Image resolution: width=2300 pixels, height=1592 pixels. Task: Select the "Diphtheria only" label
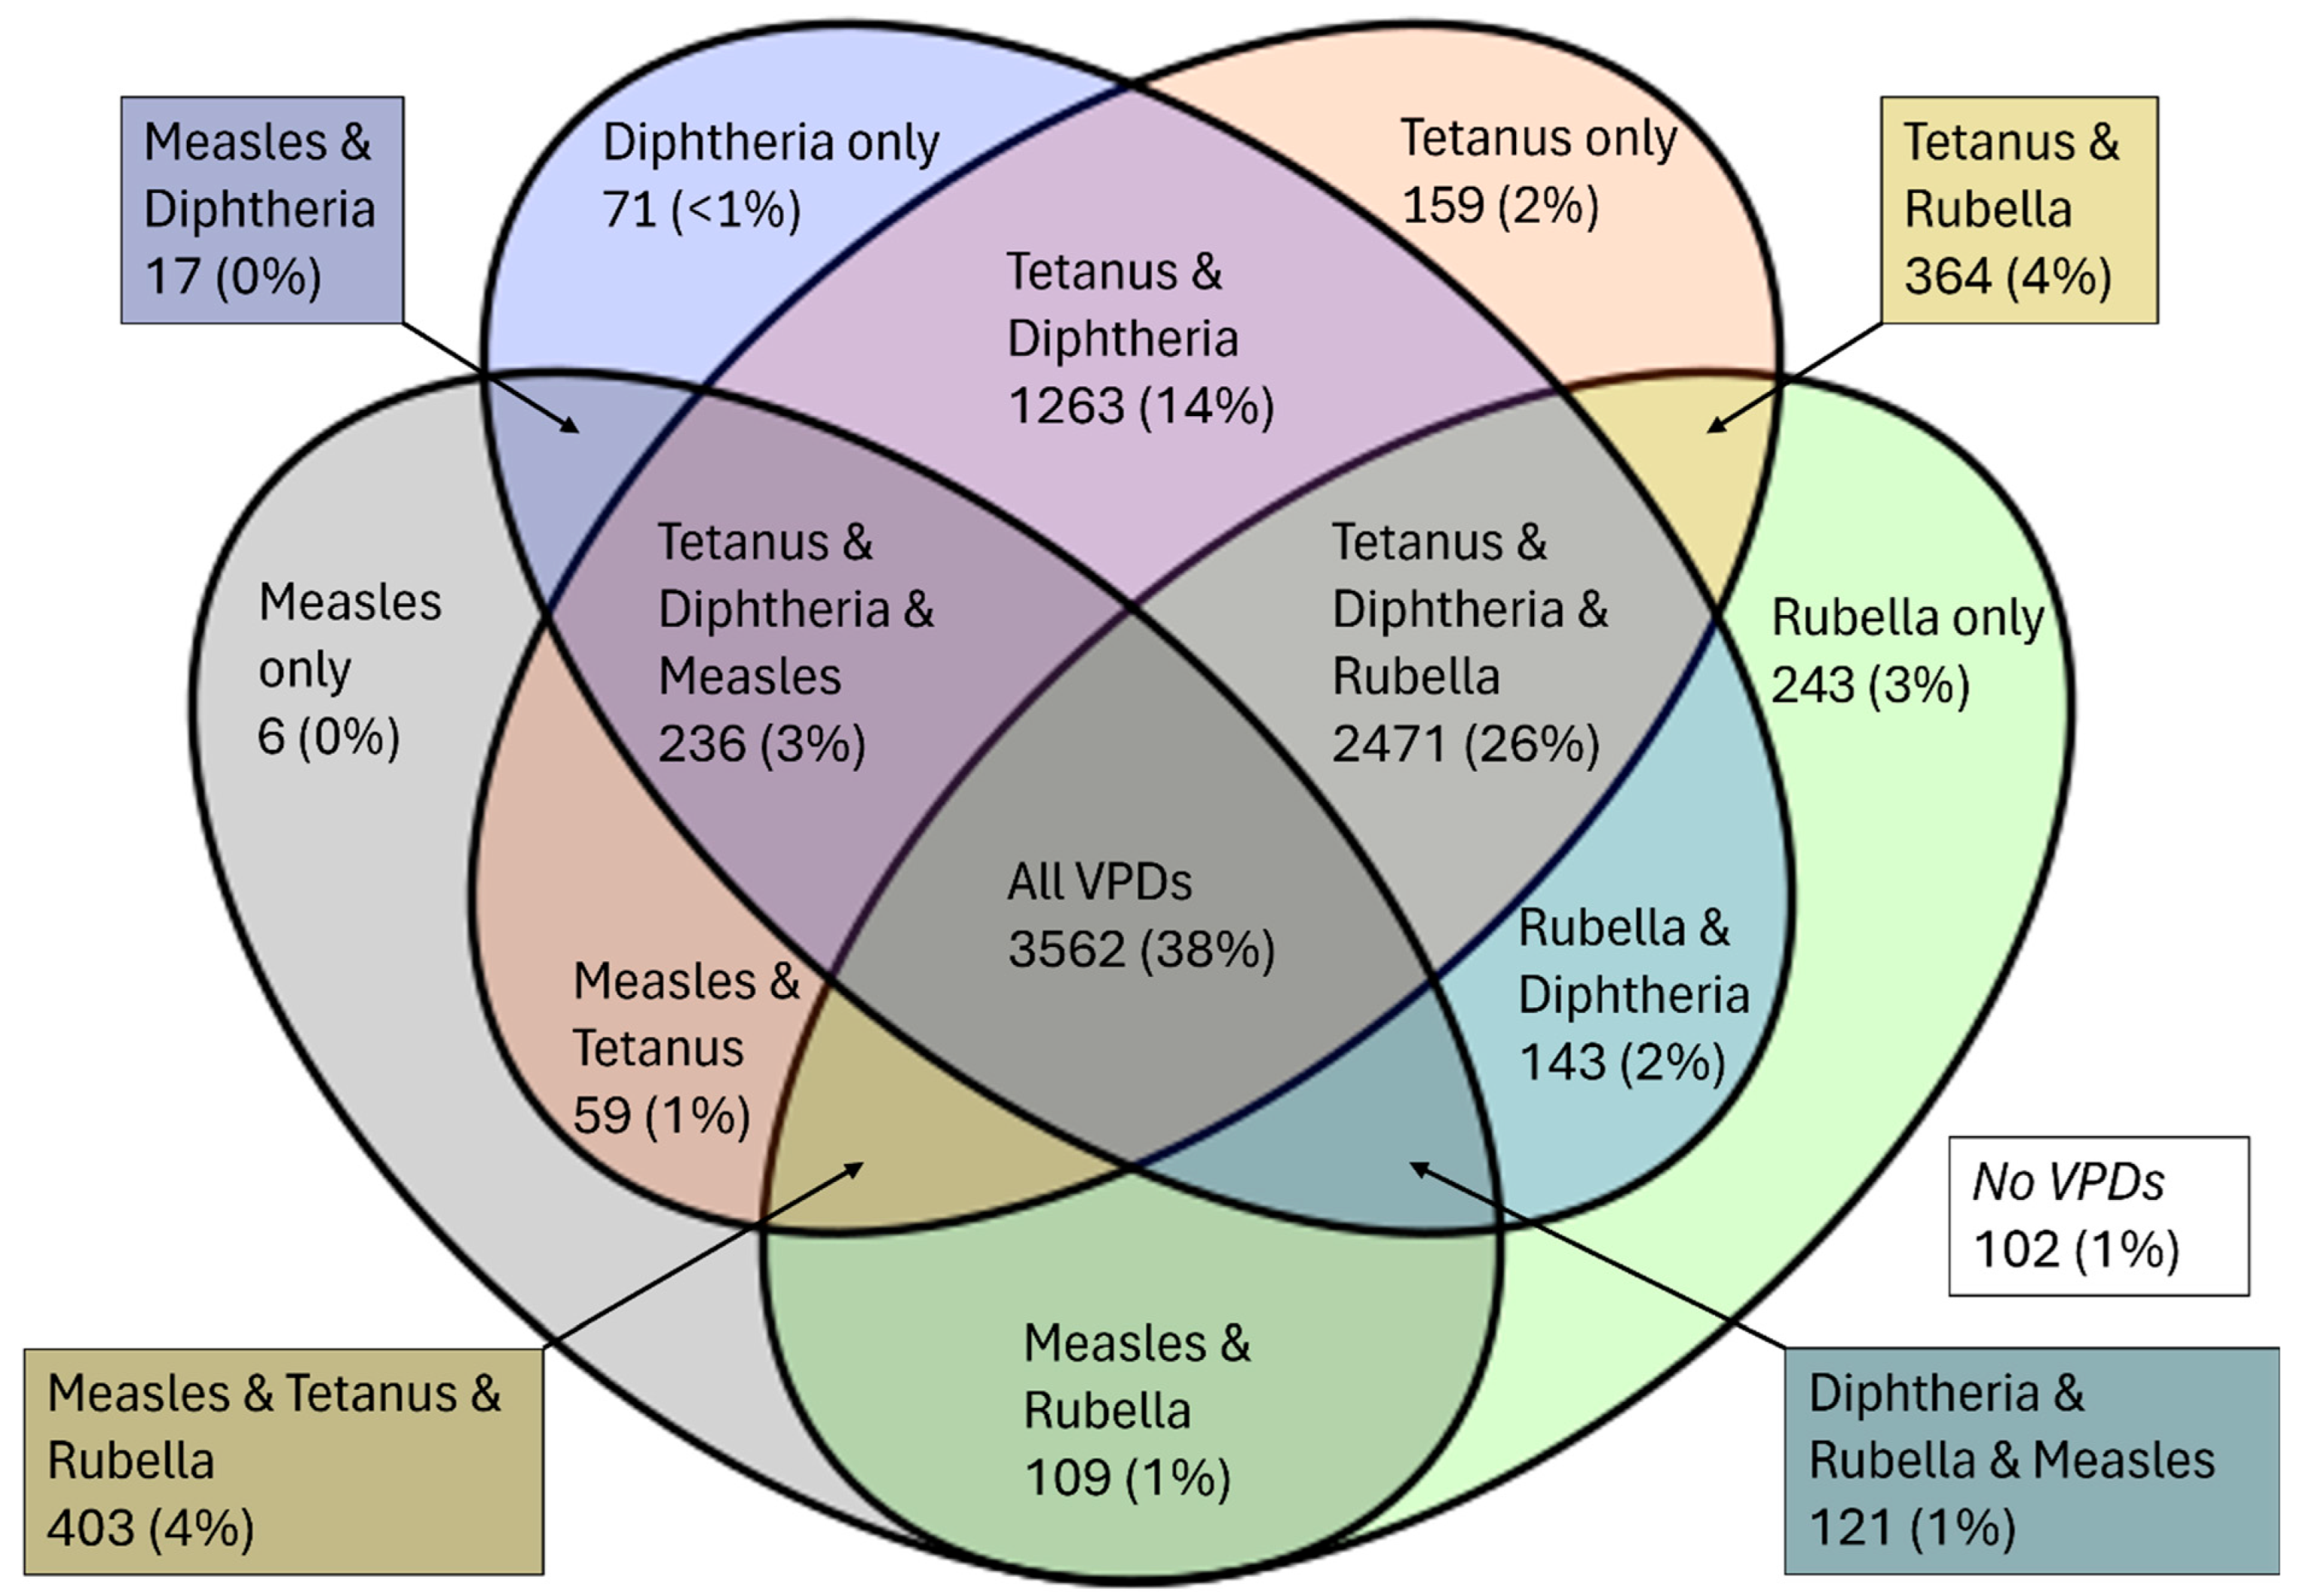coord(770,142)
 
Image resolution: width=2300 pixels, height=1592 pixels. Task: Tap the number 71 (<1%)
coord(701,210)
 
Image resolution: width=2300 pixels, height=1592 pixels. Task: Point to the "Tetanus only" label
coord(1538,139)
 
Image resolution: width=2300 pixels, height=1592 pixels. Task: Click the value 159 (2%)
coord(1500,206)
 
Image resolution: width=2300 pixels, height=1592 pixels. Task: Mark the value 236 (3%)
coord(761,744)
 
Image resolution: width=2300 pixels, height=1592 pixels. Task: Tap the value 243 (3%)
coord(1869,685)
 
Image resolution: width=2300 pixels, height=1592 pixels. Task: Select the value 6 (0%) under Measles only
coord(328,737)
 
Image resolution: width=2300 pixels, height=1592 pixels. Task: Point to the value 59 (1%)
coord(661,1115)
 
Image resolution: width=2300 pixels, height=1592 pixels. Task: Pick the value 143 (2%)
coord(1622,1061)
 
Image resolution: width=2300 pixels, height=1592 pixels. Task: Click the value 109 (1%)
coord(1127,1478)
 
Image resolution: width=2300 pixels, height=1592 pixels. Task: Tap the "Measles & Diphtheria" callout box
coord(262,210)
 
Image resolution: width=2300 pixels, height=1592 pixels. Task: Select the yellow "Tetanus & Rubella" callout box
coord(2019,210)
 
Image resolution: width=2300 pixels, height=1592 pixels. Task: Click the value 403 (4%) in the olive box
coord(149,1528)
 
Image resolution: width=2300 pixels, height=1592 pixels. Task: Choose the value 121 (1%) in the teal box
coord(1912,1528)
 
